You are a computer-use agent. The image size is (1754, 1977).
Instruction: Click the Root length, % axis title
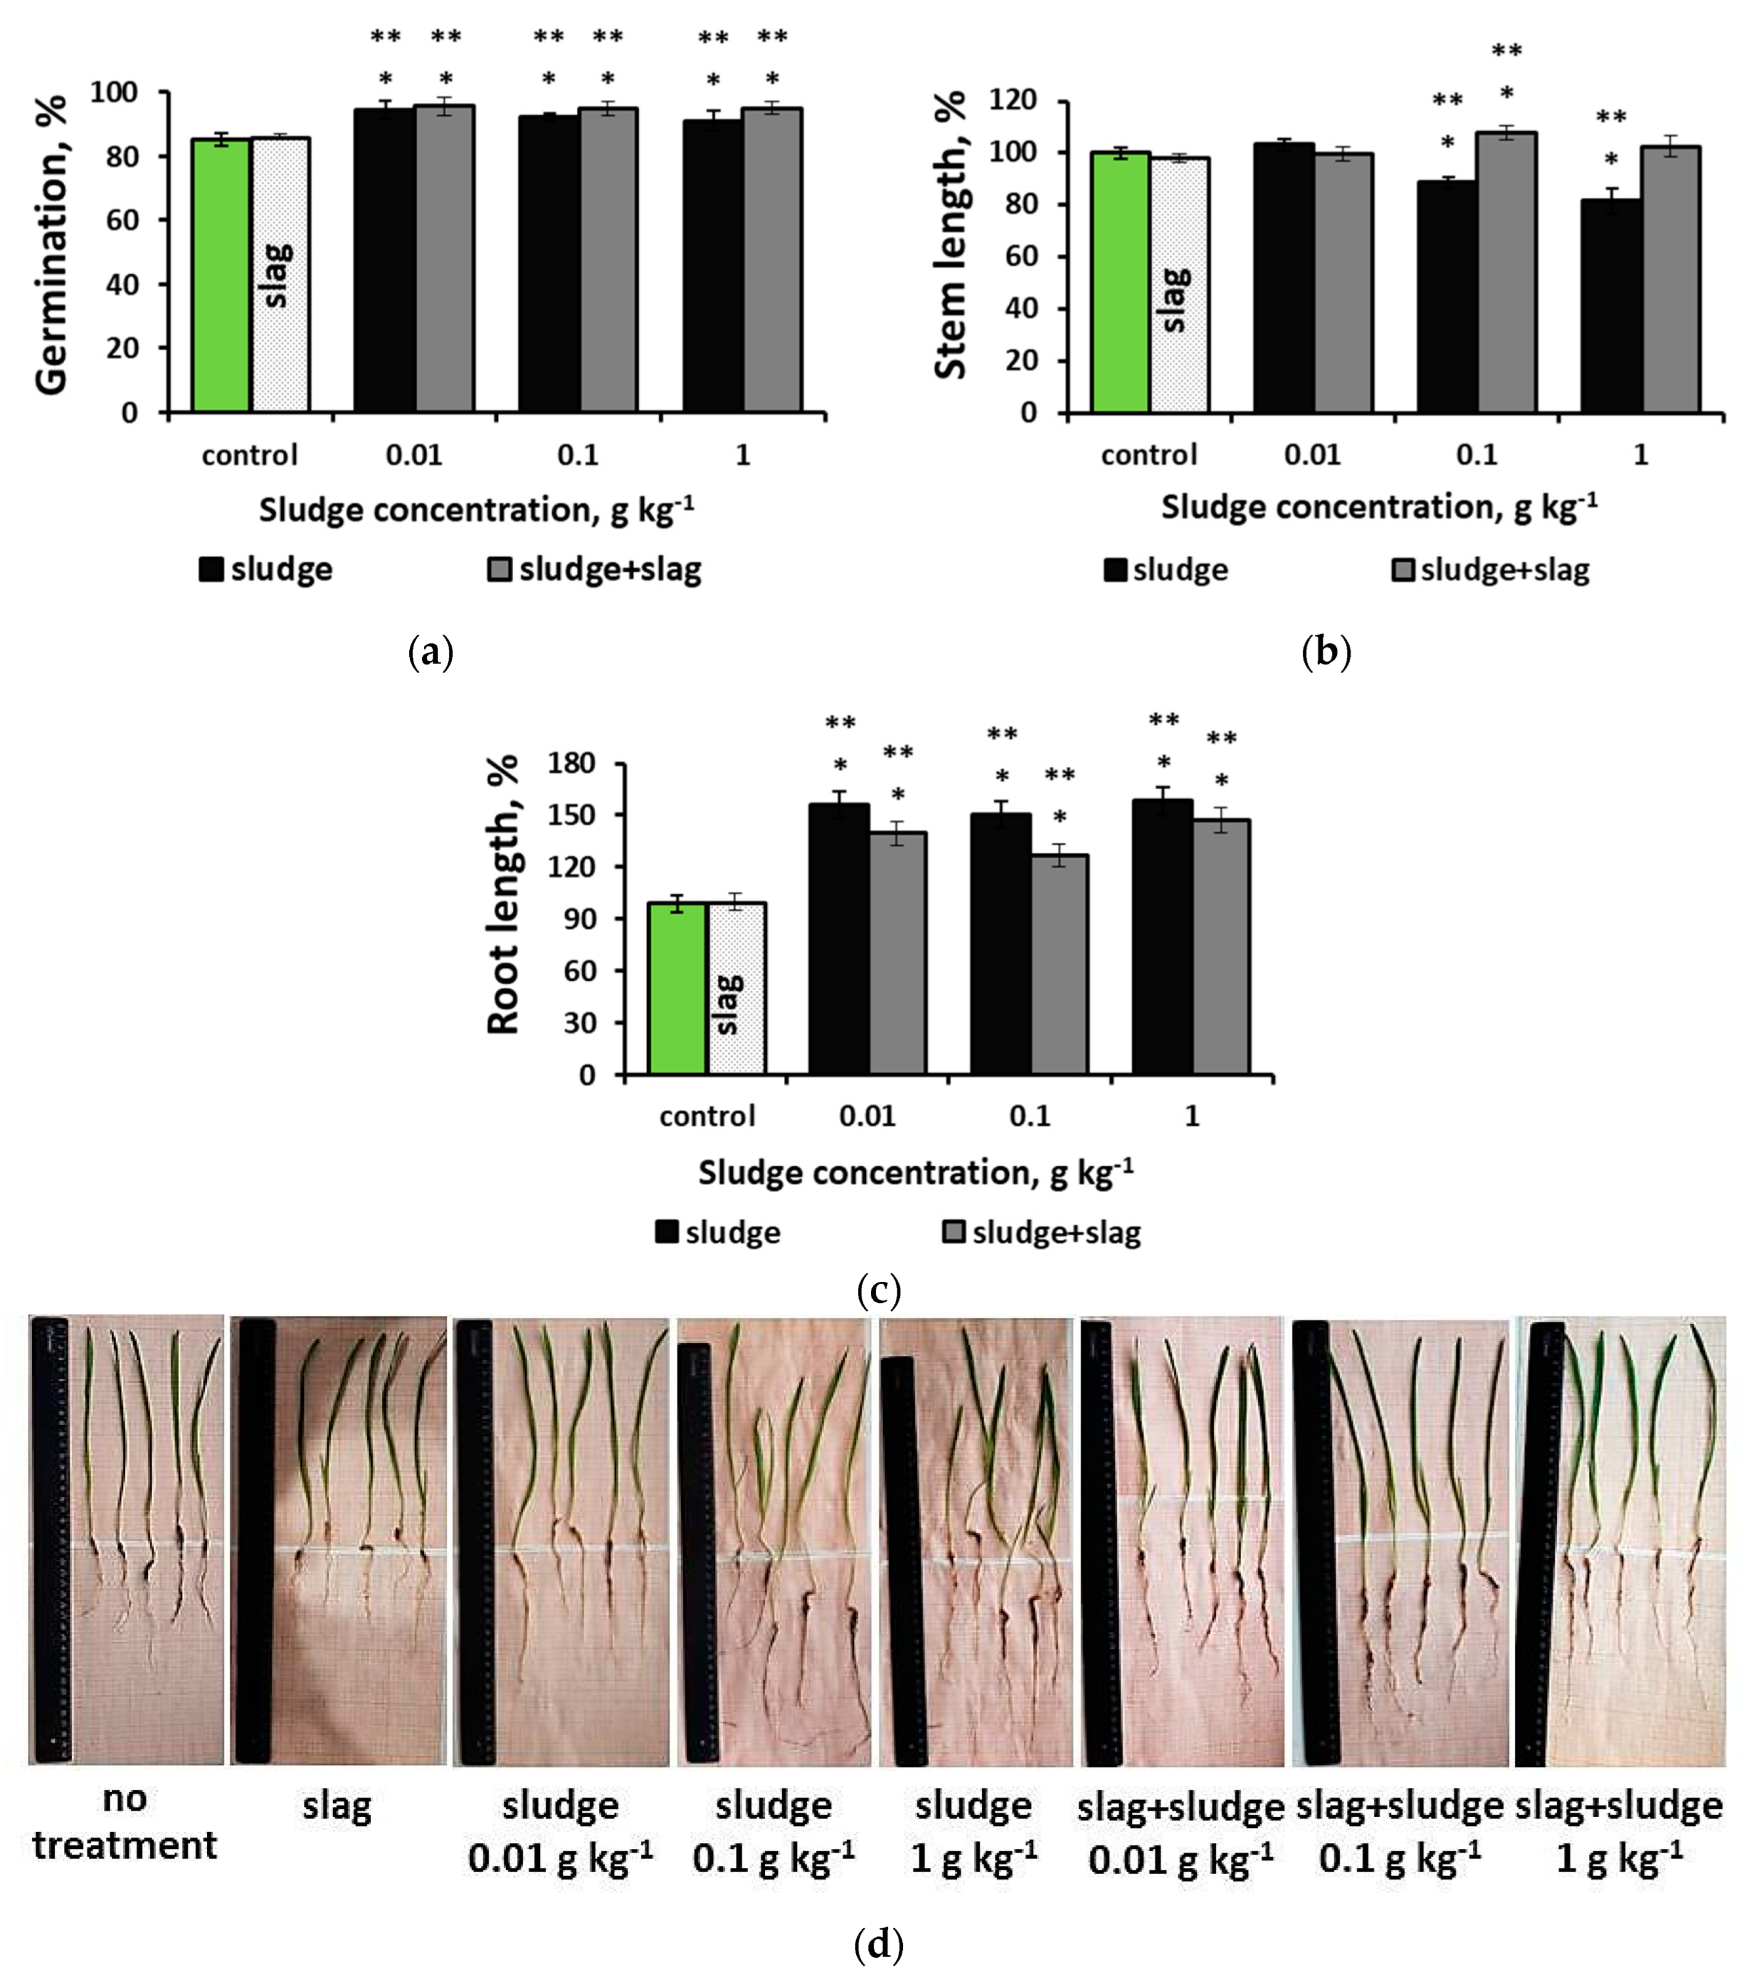coord(503,895)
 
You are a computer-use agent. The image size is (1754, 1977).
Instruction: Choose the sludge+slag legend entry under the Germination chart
coord(594,569)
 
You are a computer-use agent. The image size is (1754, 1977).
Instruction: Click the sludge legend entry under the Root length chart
coord(718,1233)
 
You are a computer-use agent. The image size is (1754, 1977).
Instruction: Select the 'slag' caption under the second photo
coord(336,1806)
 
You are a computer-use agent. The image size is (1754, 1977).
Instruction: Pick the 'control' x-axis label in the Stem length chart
coord(1148,455)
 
